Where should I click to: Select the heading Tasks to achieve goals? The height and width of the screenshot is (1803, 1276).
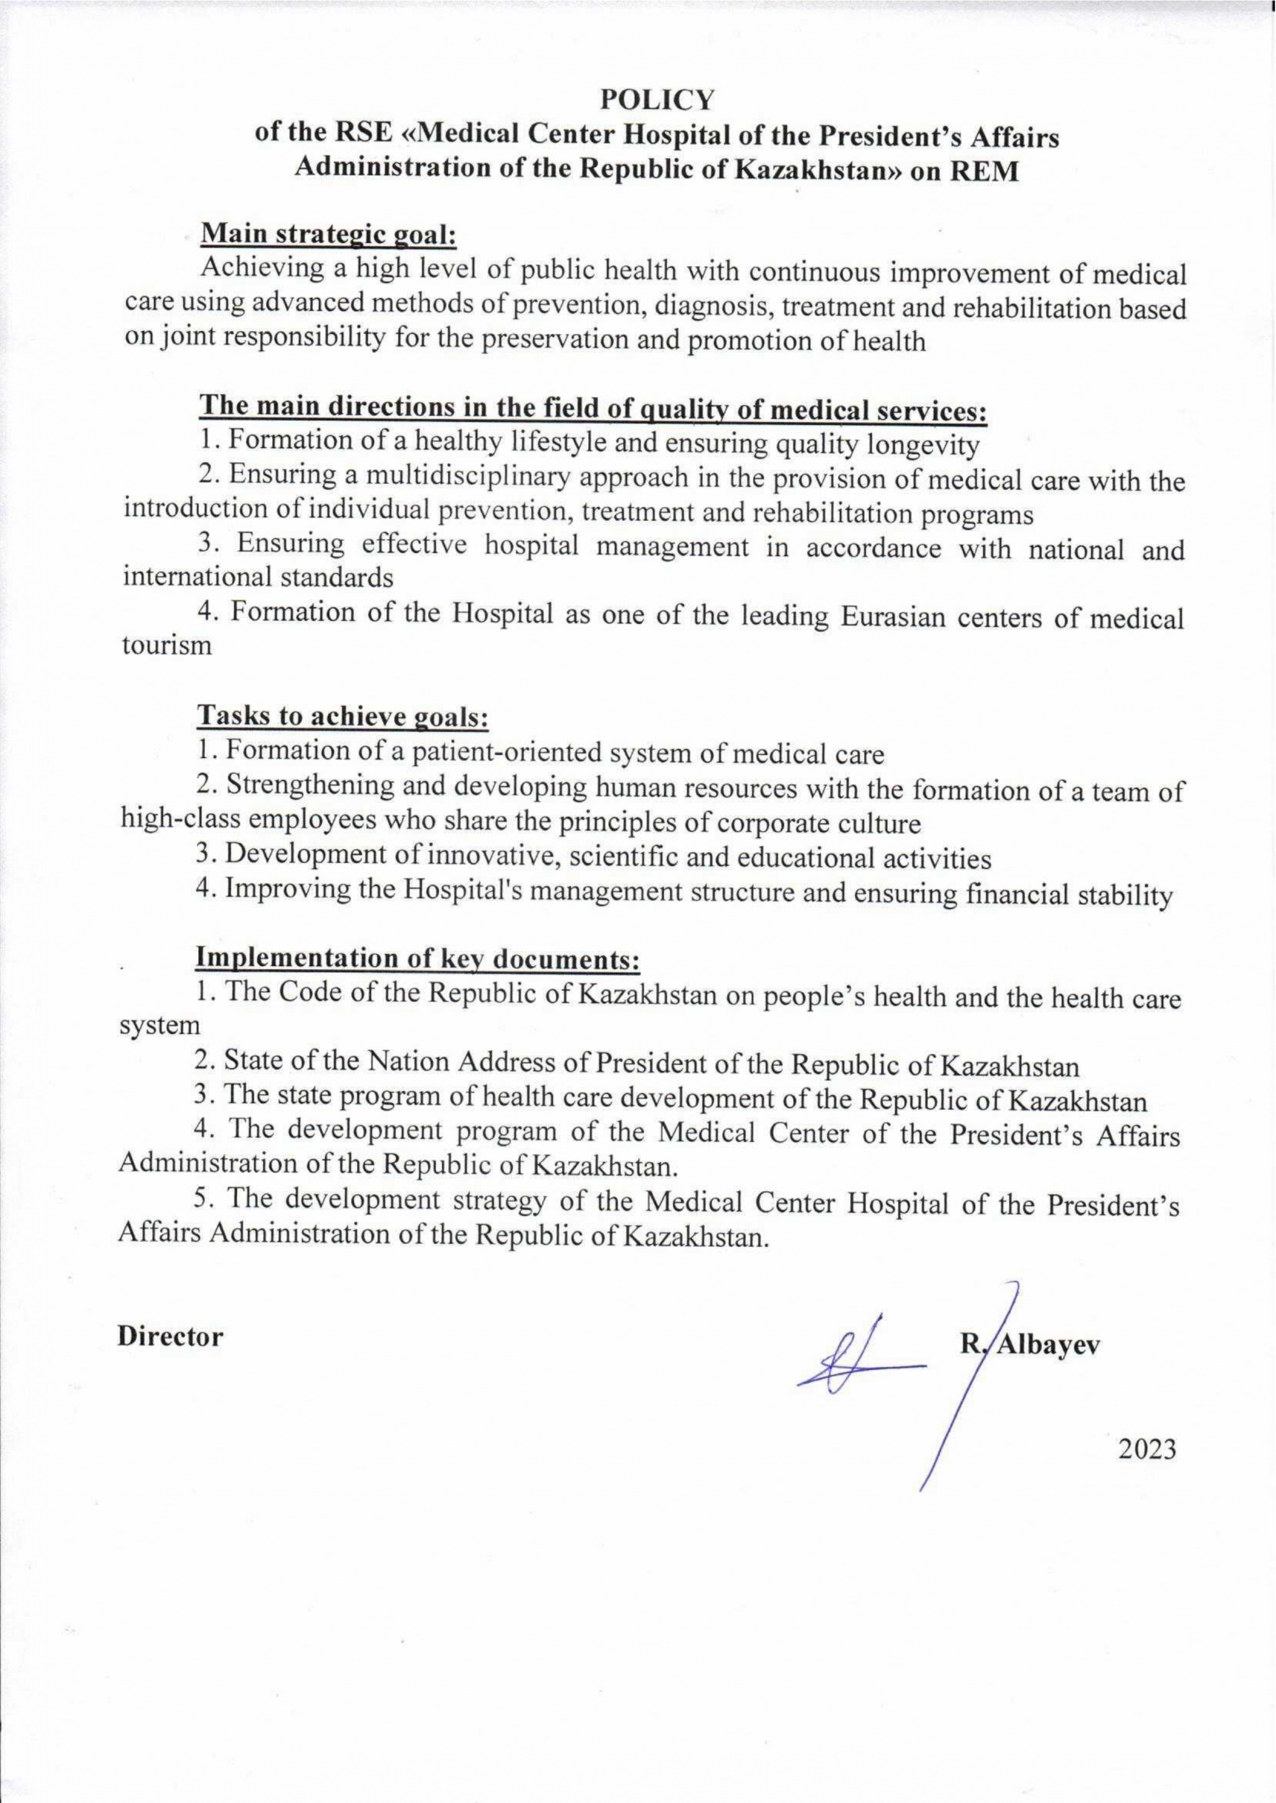[342, 716]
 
